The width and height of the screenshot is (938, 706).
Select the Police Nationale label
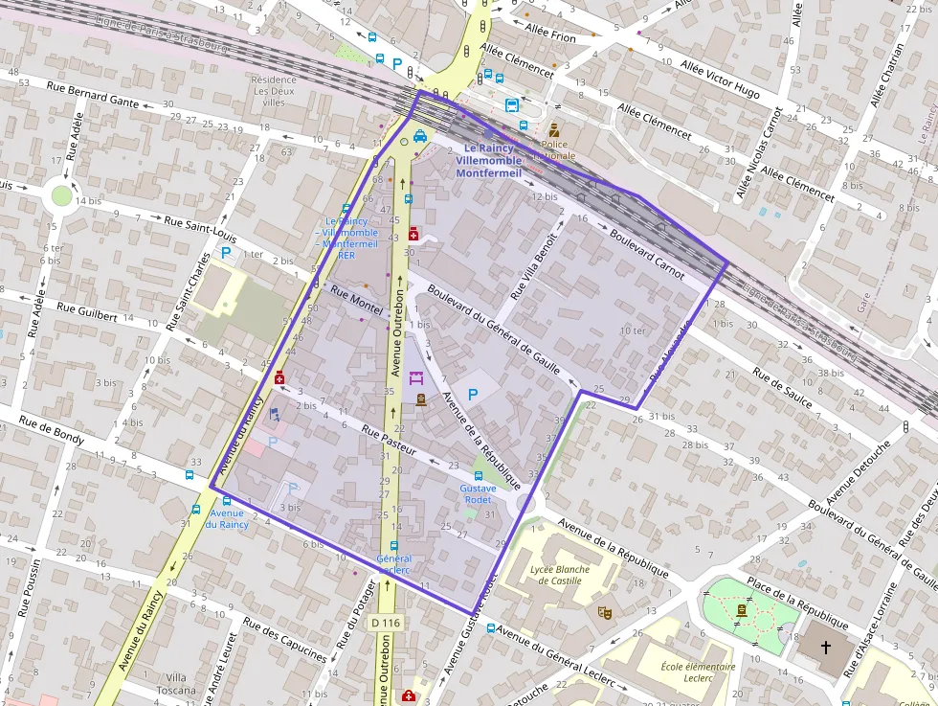554,149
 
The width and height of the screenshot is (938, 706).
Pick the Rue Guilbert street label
87,310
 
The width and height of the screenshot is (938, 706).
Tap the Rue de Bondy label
52,432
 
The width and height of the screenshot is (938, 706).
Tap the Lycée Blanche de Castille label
559,575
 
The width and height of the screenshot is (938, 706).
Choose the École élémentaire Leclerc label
699,672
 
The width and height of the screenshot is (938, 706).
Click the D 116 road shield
385,623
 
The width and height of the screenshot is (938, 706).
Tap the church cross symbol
826,647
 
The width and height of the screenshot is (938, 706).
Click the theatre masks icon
604,610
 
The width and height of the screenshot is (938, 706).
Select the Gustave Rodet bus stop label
478,493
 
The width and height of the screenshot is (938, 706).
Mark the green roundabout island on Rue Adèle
62,195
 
